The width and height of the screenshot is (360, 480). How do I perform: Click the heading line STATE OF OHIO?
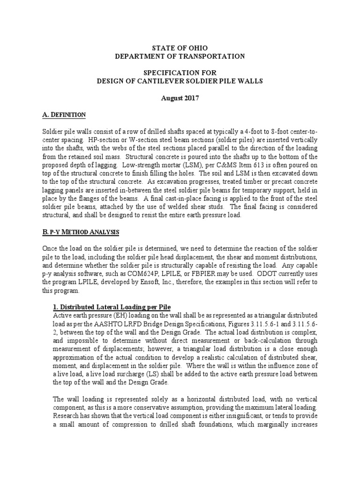tap(180, 48)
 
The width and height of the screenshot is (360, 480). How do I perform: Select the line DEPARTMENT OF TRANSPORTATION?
tap(180, 56)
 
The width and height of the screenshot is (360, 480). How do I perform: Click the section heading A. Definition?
tap(64, 115)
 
